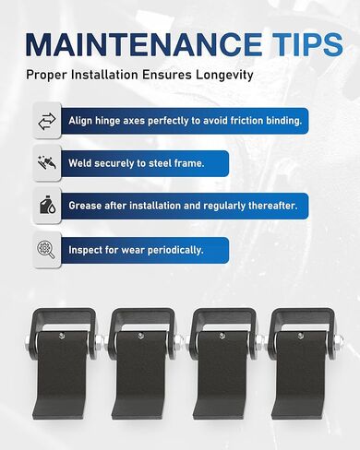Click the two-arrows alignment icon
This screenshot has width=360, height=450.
[x=48, y=120]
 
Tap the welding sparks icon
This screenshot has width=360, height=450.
[x=48, y=163]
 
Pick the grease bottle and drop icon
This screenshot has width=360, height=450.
[x=48, y=206]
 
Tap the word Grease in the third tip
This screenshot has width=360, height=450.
[x=89, y=206]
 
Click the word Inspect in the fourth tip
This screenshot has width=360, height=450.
[x=90, y=249]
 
